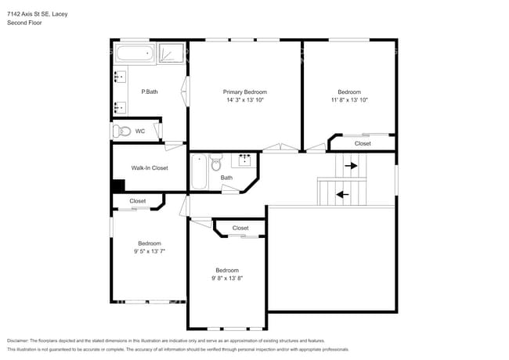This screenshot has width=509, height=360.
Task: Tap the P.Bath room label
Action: pyautogui.click(x=149, y=92)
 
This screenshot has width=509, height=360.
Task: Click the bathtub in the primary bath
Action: pyautogui.click(x=135, y=55)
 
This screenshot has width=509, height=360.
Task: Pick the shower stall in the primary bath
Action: pyautogui.click(x=172, y=53)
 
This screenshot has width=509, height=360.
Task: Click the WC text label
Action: pyautogui.click(x=140, y=131)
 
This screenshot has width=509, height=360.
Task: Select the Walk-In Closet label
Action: pyautogui.click(x=149, y=167)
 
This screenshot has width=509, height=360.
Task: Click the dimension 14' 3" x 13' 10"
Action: pyautogui.click(x=245, y=100)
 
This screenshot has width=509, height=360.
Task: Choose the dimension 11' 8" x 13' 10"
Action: pyautogui.click(x=348, y=100)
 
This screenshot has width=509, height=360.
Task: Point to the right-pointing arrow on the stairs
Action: pyautogui.click(x=350, y=165)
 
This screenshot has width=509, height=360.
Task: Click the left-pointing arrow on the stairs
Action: pyautogui.click(x=341, y=193)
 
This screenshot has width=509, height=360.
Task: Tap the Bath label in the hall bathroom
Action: pyautogui.click(x=226, y=178)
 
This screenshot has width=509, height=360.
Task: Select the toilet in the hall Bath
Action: pyautogui.click(x=216, y=162)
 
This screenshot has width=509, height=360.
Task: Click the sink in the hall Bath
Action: pyautogui.click(x=244, y=160)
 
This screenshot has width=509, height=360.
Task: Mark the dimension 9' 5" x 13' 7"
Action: pyautogui.click(x=150, y=251)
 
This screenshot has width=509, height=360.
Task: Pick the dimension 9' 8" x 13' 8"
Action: pyautogui.click(x=227, y=278)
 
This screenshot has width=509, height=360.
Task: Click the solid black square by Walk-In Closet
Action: pyautogui.click(x=117, y=186)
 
